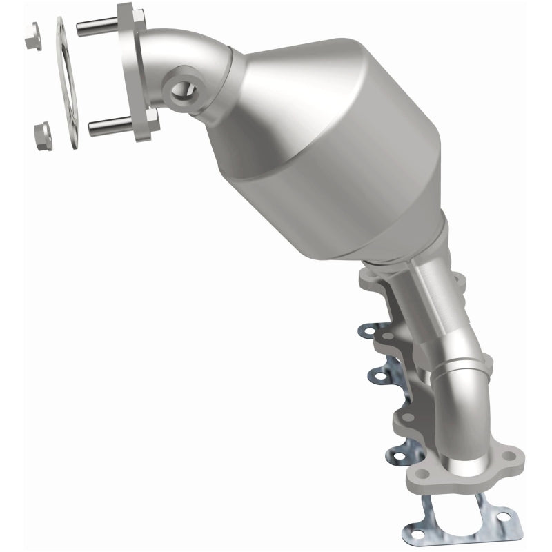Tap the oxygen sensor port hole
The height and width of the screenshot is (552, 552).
click(180, 90)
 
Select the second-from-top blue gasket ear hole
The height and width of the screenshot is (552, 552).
click(378, 375)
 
